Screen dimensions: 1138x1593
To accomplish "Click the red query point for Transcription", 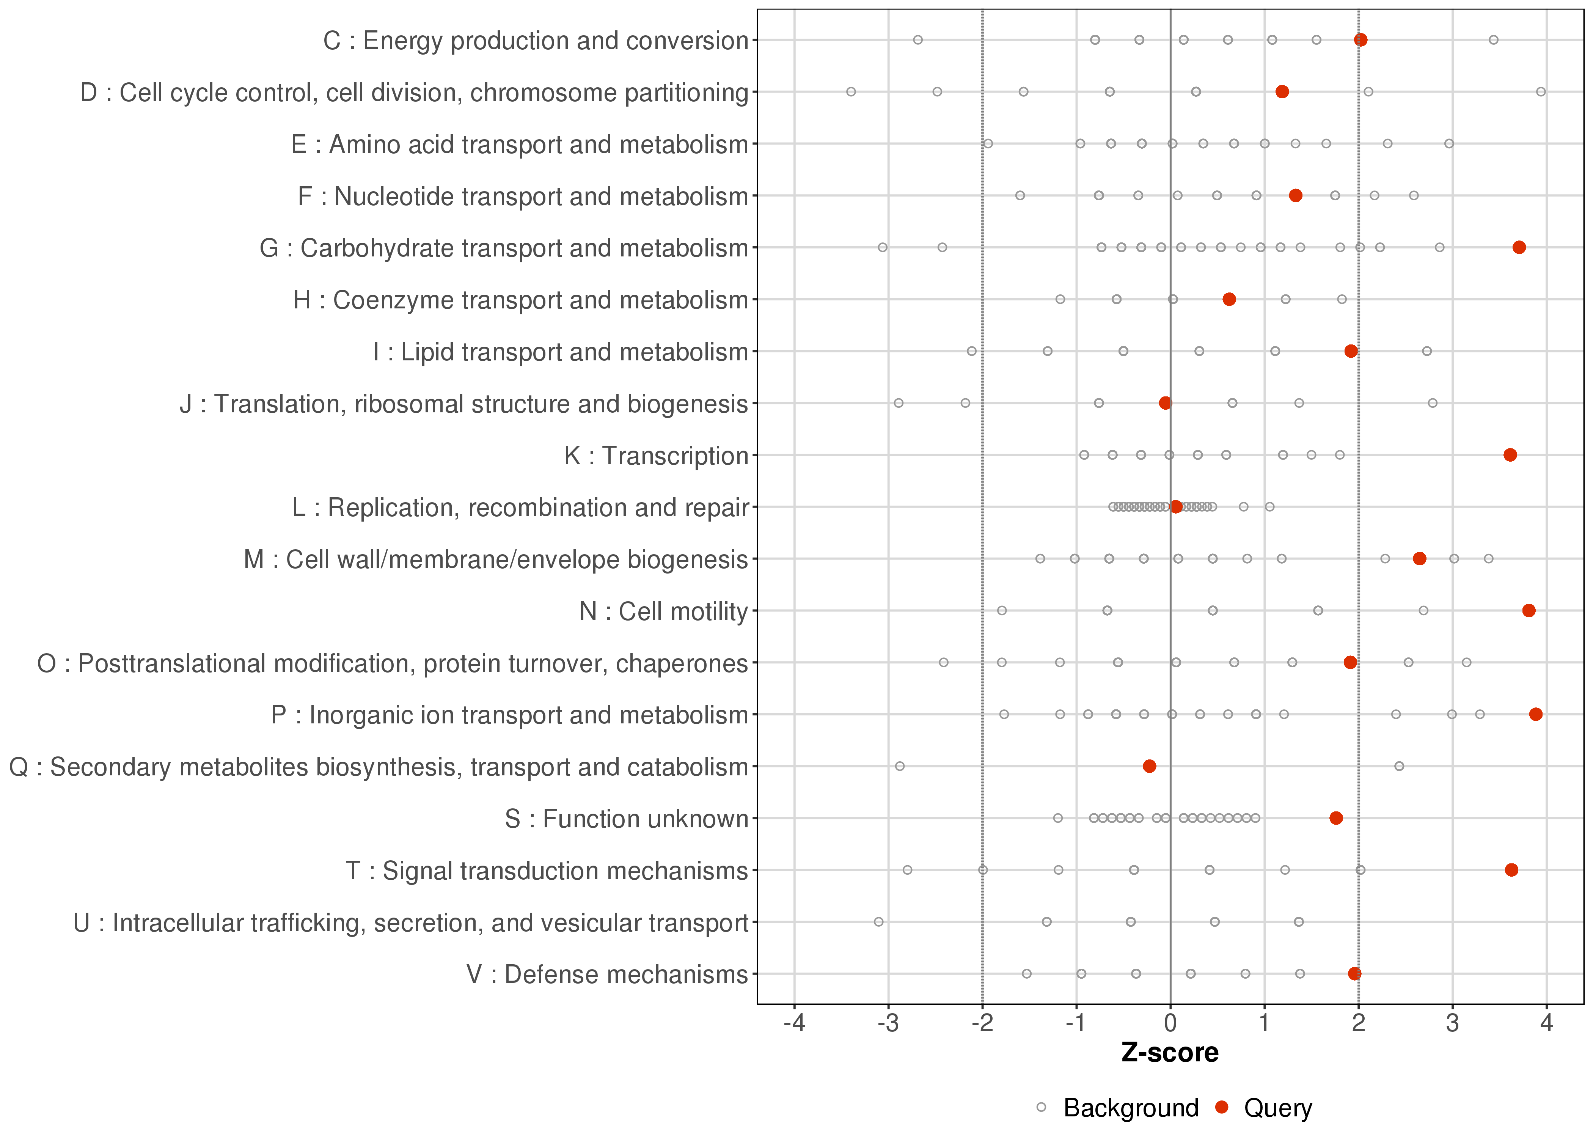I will [x=1510, y=455].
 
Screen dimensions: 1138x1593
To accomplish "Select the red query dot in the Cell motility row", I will [x=1529, y=610].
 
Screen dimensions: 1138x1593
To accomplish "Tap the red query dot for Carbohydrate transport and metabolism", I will [x=1519, y=247].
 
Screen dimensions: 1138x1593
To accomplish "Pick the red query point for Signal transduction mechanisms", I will [x=1511, y=869].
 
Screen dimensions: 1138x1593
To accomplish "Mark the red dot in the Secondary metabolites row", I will [x=1149, y=766].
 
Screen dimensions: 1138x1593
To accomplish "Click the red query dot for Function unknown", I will [x=1336, y=818].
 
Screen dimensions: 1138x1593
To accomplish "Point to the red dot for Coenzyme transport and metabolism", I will [x=1229, y=299].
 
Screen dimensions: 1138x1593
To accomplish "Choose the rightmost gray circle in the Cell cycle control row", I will [x=1540, y=92].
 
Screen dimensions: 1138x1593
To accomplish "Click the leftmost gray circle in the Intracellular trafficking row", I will [x=878, y=921].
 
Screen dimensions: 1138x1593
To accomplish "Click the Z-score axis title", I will [x=1170, y=1053].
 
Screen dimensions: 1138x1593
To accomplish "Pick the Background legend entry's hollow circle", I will [x=1041, y=1108].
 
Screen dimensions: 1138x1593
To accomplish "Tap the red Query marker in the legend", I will [x=1222, y=1108].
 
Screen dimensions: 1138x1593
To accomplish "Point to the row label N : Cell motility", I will [x=663, y=611].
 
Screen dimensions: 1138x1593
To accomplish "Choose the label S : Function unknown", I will [x=626, y=819].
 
